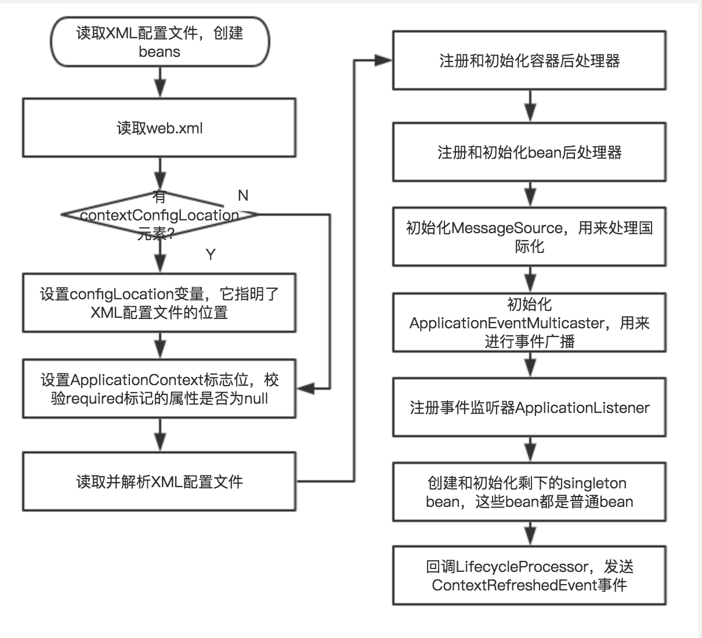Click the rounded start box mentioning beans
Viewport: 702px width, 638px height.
(160, 42)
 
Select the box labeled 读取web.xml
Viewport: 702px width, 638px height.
(159, 128)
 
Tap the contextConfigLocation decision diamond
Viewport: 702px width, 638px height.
(159, 215)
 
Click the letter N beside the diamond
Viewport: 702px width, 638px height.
(243, 195)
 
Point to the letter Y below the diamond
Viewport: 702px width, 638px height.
(211, 254)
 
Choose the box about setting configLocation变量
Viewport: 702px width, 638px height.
(159, 303)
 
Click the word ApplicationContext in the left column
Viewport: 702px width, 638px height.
(136, 380)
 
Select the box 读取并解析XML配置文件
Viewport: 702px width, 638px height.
(159, 482)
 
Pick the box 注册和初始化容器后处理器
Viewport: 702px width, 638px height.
(529, 61)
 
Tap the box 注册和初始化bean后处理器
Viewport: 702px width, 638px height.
(529, 153)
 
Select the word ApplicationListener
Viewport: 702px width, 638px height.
(582, 408)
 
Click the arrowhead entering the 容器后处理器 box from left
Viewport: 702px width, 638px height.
(384, 60)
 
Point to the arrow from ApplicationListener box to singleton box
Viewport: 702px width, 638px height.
(530, 449)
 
